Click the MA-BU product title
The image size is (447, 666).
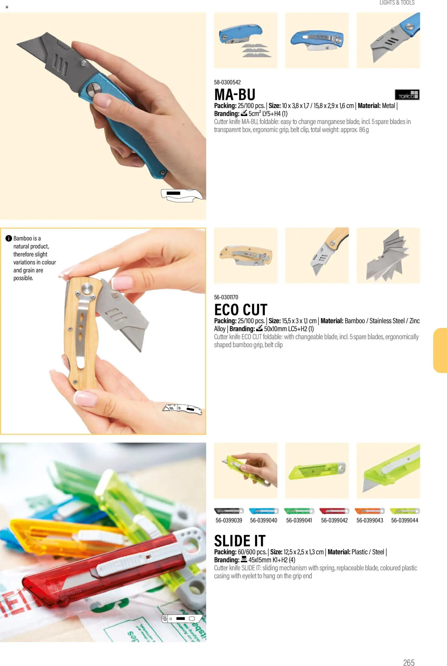(x=235, y=94)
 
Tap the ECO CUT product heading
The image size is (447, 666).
(x=241, y=310)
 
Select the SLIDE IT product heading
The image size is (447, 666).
(x=240, y=541)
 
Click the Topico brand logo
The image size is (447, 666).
(x=407, y=95)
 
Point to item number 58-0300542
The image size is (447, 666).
(x=227, y=82)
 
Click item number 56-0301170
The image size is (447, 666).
(x=226, y=297)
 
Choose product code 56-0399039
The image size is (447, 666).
(x=229, y=520)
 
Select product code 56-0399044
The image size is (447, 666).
(x=405, y=520)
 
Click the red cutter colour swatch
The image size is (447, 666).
(x=334, y=511)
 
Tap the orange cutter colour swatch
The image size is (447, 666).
(x=369, y=511)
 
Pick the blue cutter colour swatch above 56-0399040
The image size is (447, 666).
(x=264, y=511)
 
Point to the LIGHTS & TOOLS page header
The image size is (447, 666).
(x=397, y=3)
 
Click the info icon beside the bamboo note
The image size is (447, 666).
(x=9, y=238)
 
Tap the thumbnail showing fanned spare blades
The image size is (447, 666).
(x=388, y=255)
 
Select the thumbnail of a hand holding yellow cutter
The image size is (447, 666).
(x=245, y=470)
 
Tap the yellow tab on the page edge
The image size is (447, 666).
(x=440, y=350)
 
